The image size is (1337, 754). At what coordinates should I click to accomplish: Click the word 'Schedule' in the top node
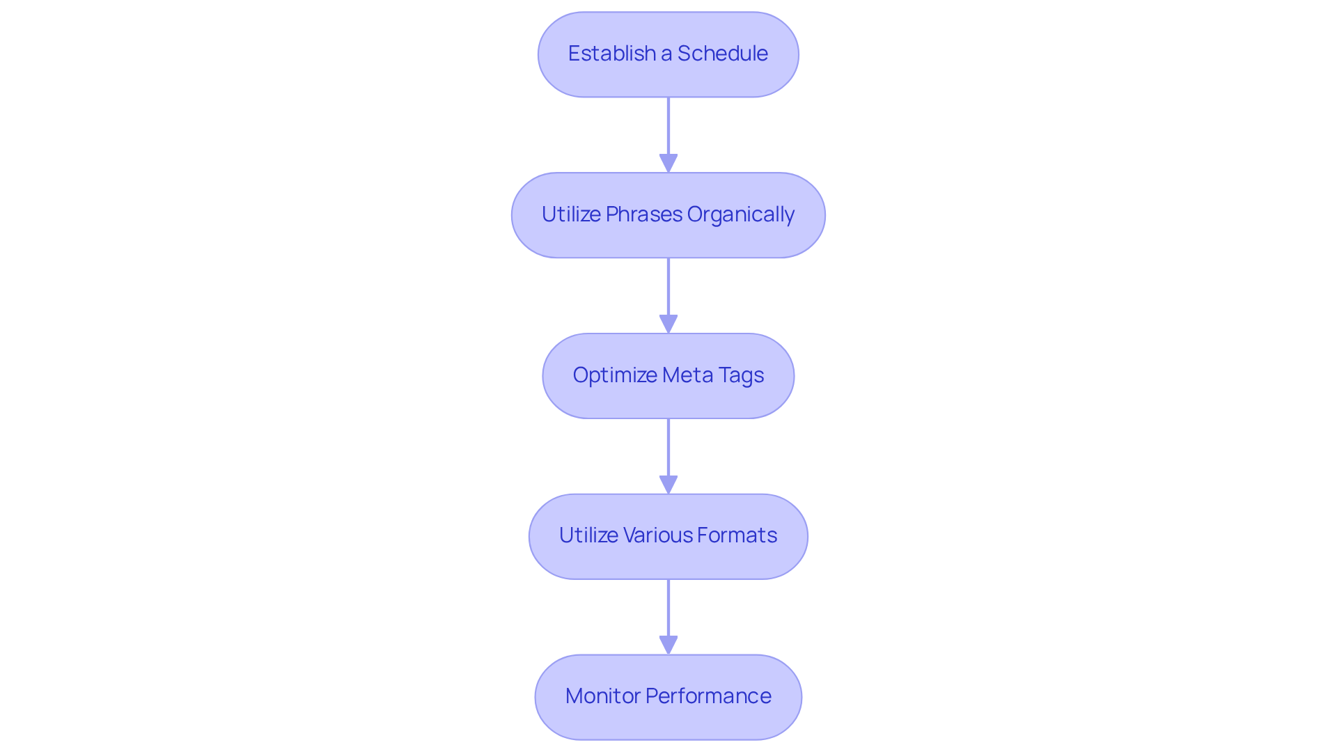click(x=722, y=54)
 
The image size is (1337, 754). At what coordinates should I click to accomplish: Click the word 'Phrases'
click(x=643, y=214)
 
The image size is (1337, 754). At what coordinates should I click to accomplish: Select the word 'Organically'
click(x=740, y=214)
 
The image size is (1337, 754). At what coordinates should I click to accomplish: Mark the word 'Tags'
click(x=741, y=375)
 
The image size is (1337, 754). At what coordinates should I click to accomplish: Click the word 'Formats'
click(x=737, y=535)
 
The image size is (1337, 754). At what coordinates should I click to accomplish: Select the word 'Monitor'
click(x=602, y=696)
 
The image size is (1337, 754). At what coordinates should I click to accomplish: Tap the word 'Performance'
click(x=707, y=696)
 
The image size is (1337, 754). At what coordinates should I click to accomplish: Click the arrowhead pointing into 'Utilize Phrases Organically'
click(x=668, y=164)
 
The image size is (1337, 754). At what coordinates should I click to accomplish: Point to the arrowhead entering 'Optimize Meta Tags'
click(x=668, y=324)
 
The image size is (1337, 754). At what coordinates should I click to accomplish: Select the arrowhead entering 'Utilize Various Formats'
click(x=668, y=485)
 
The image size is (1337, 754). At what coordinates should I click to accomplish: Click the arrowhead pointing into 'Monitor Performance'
click(x=668, y=645)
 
